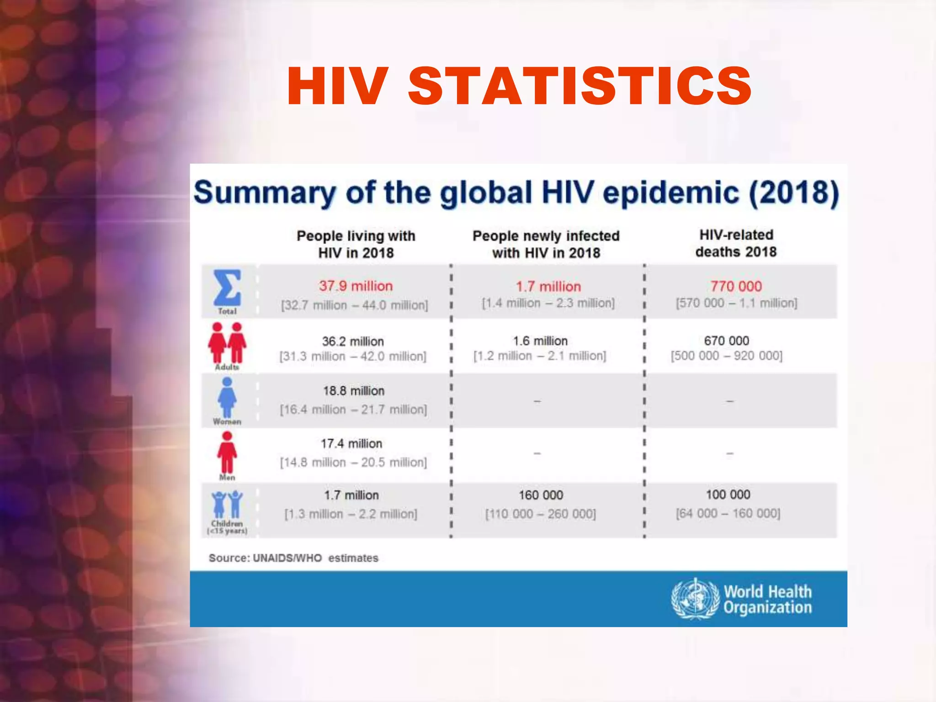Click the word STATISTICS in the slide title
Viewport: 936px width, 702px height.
pos(580,86)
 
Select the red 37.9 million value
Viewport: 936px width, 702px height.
pos(356,286)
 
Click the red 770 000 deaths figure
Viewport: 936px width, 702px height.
pos(736,286)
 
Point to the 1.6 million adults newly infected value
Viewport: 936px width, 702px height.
pos(540,341)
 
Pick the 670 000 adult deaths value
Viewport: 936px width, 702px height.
pos(726,341)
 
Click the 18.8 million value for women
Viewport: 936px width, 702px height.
pos(354,391)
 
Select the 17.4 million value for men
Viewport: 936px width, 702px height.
pos(351,443)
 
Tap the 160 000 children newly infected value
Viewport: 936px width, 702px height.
pos(541,495)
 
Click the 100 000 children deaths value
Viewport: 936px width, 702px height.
pos(728,495)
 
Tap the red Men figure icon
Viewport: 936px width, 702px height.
pos(227,452)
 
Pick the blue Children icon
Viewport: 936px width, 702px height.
pos(227,505)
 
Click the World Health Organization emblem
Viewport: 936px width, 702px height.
pos(695,599)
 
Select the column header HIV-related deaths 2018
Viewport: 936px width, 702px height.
pos(736,243)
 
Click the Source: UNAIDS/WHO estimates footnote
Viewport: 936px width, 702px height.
pos(293,558)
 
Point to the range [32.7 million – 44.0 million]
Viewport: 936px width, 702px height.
pos(354,305)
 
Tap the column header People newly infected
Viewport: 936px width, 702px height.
pos(546,236)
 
